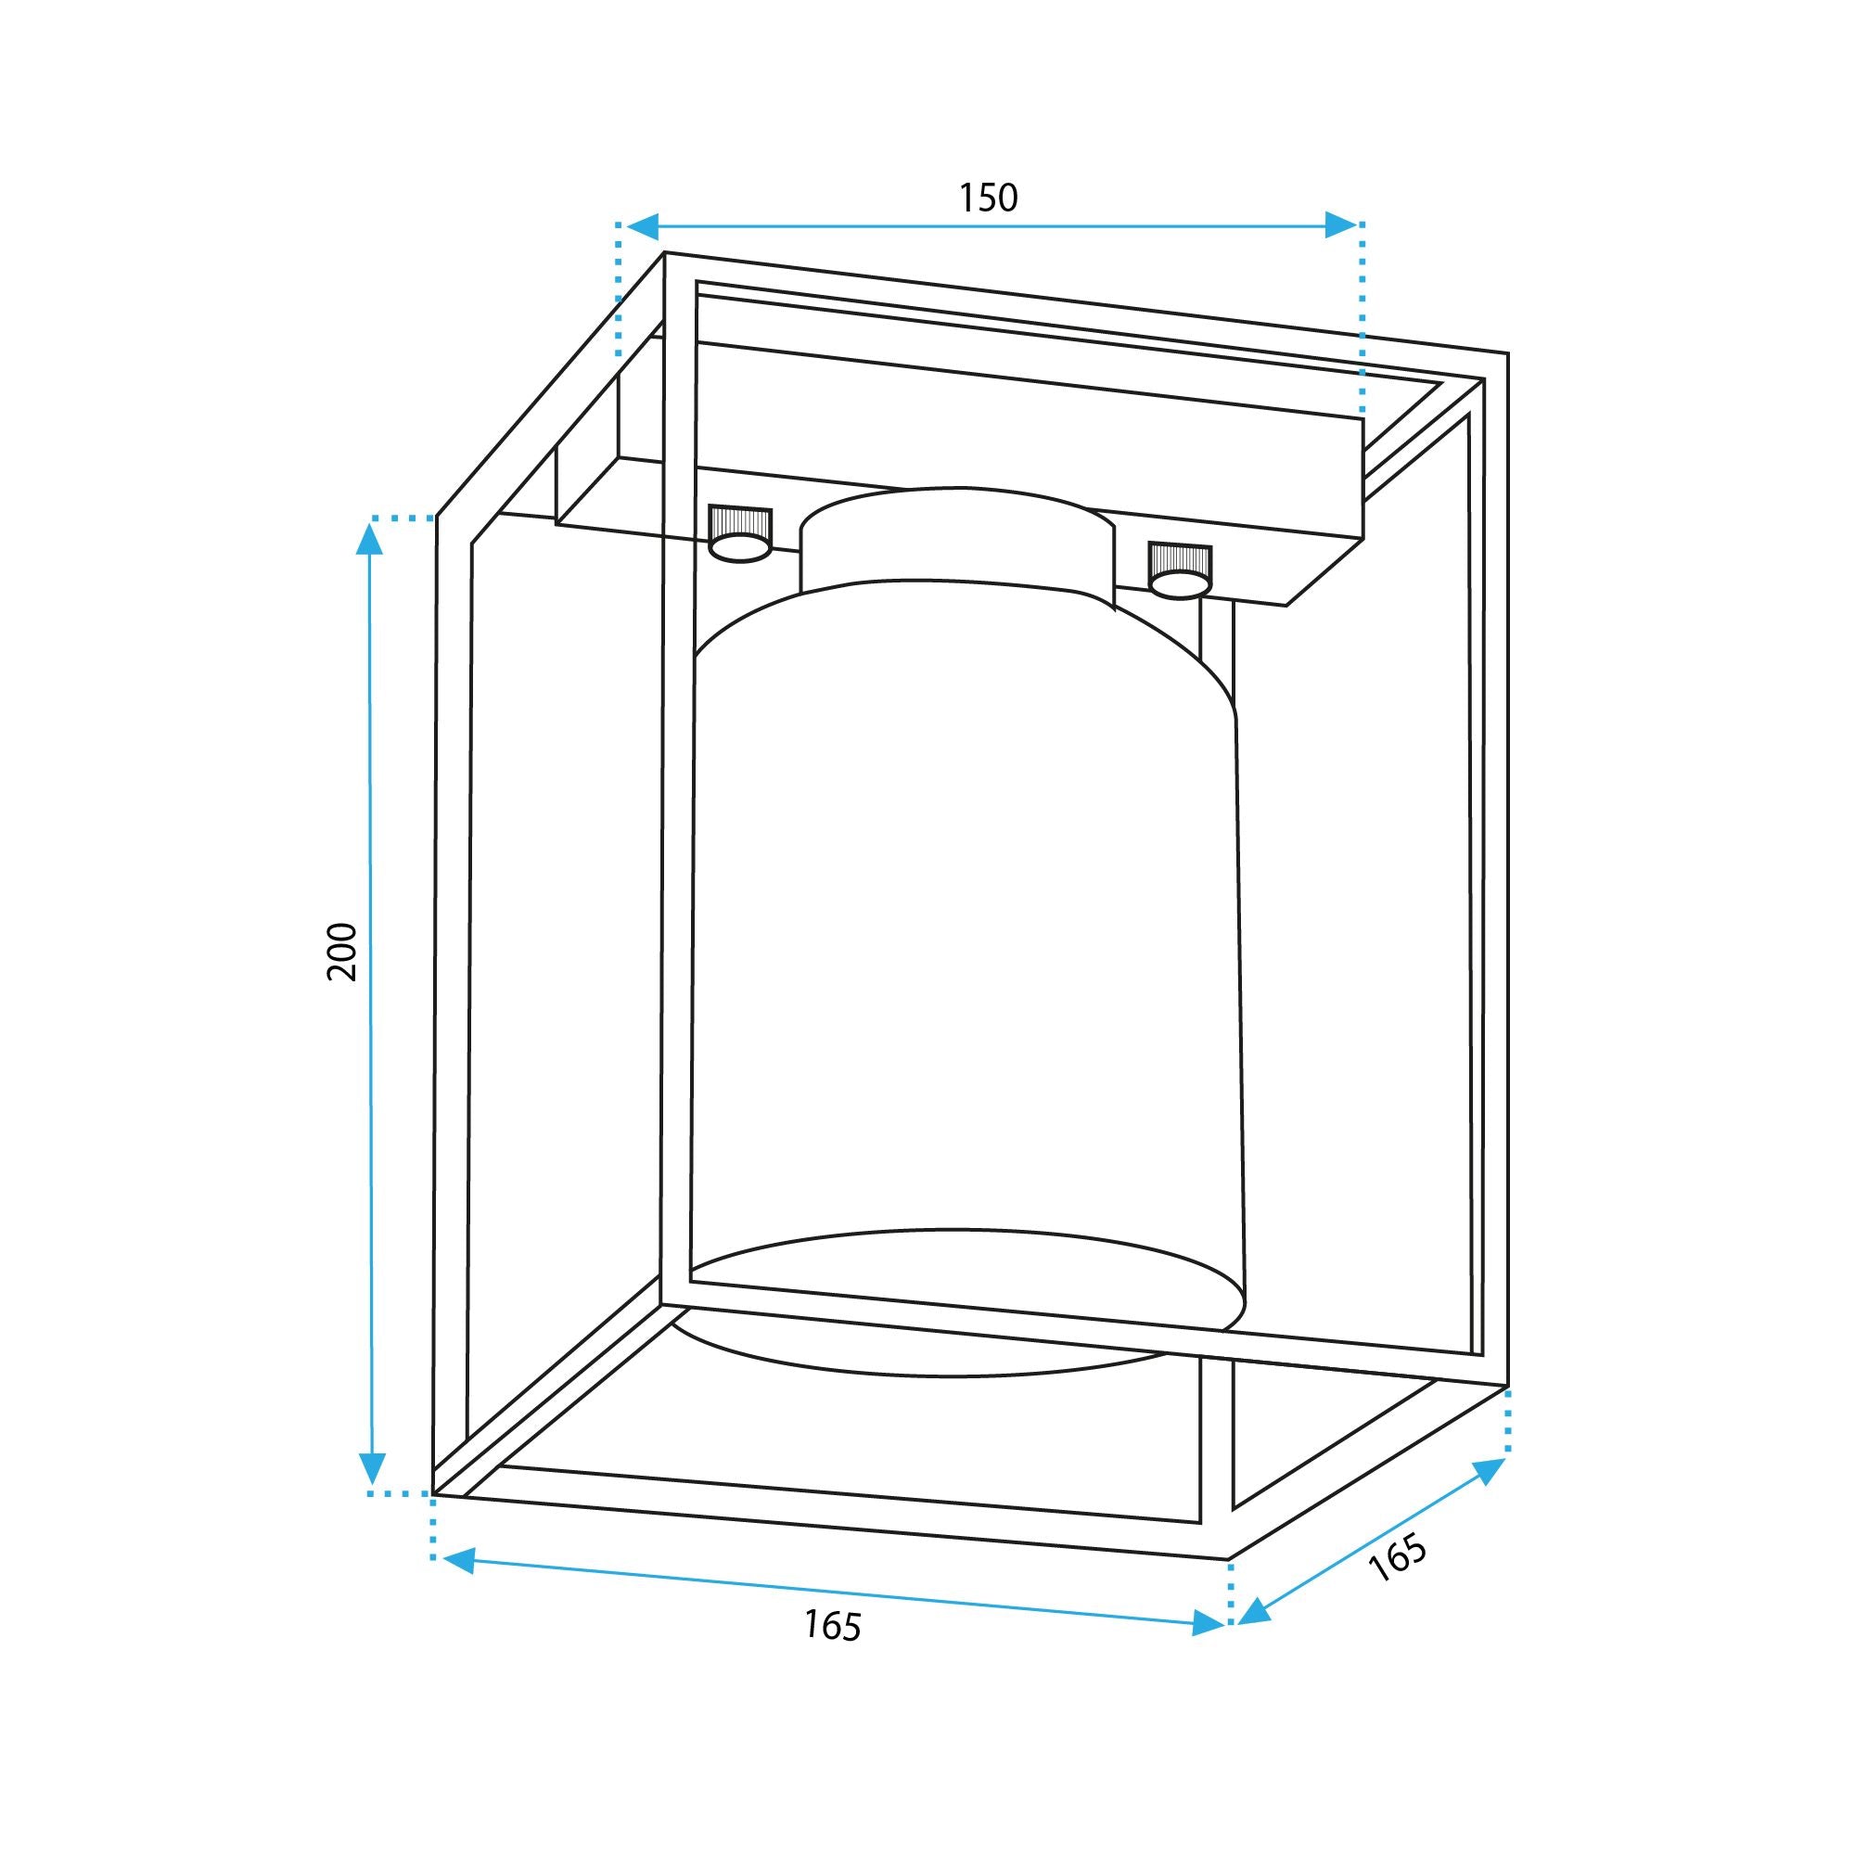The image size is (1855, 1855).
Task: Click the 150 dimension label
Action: (x=988, y=198)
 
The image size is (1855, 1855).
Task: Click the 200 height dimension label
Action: (x=343, y=951)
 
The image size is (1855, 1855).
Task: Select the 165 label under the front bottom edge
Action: (x=833, y=1626)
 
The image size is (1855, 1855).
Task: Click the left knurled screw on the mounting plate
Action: (x=739, y=535)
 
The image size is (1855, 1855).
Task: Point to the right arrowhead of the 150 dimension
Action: (x=1341, y=226)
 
